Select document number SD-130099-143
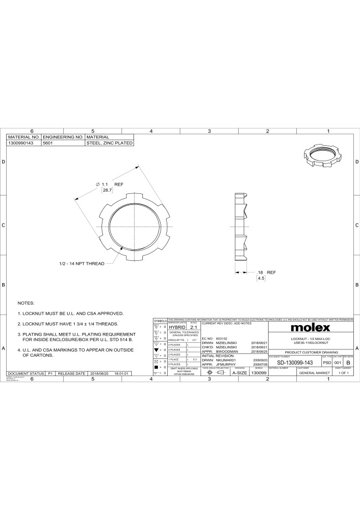coord(295,362)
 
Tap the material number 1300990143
coord(20,143)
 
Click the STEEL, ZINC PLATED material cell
coord(109,143)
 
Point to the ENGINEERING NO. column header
coord(63,137)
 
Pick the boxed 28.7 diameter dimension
coord(107,190)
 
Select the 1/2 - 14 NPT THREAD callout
coord(81,264)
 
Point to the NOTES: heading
coord(26,303)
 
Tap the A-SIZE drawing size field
coord(239,373)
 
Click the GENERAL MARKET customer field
coord(315,373)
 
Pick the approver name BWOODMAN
coord(227,351)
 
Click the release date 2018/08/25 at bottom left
coord(100,374)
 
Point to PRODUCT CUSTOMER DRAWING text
coord(311,352)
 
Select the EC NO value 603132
coord(222,338)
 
